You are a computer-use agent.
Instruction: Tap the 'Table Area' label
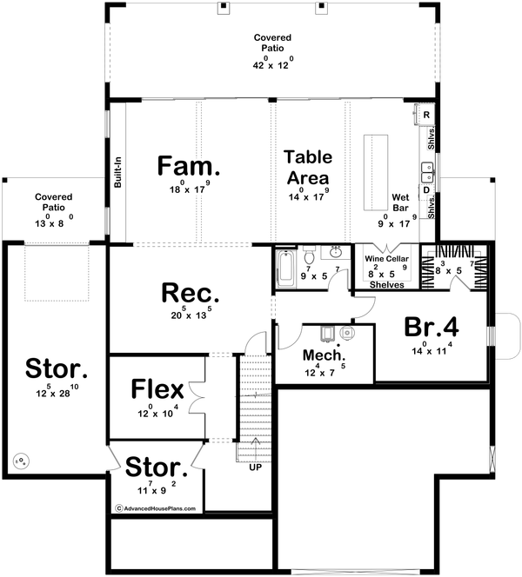click(308, 166)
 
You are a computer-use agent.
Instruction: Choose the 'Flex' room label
click(155, 387)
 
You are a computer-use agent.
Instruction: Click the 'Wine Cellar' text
click(385, 259)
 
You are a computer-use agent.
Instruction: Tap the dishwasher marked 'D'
click(426, 189)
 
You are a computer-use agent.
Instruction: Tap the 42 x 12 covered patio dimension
click(273, 64)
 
